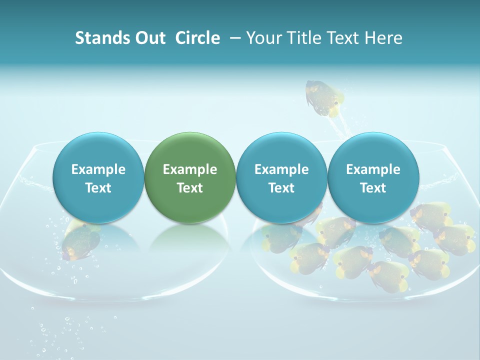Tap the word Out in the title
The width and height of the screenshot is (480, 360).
click(149, 38)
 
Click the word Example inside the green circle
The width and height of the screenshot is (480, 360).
click(190, 169)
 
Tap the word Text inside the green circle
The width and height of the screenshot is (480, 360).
click(190, 188)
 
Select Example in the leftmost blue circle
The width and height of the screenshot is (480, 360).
click(98, 169)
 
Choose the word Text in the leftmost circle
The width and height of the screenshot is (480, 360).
click(98, 188)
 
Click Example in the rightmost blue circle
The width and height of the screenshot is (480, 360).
click(373, 169)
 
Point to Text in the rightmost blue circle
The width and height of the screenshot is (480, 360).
click(373, 188)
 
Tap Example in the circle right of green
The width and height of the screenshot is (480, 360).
click(281, 169)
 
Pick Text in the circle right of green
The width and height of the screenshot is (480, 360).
click(281, 188)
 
